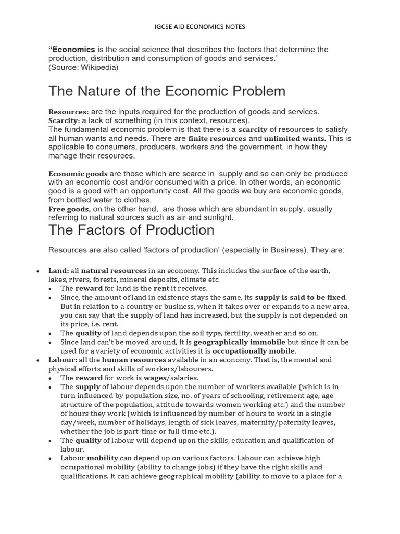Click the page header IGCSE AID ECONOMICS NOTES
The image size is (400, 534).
pos(200,26)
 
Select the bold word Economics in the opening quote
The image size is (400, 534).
pos(71,50)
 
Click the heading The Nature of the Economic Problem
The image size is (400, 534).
pos(167,91)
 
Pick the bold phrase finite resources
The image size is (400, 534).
pos(217,138)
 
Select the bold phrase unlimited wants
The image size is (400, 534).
pos(295,138)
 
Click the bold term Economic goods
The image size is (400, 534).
pos(78,174)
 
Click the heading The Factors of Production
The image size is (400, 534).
pos(131,230)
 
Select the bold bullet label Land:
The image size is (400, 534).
pos(58,271)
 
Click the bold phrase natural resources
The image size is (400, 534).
pos(114,271)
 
